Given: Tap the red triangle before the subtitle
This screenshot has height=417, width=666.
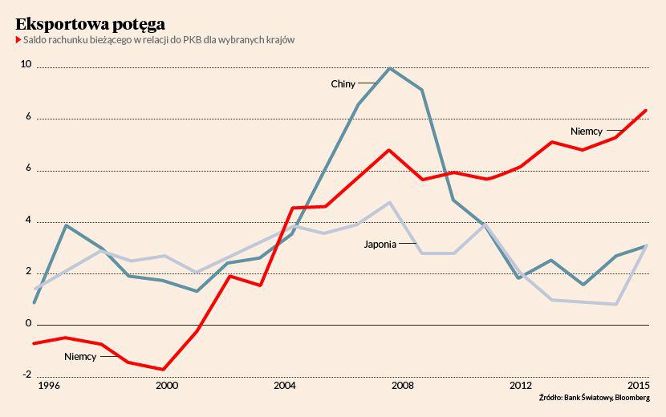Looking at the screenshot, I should (x=18, y=40).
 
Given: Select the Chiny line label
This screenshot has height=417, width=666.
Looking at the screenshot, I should (x=343, y=84).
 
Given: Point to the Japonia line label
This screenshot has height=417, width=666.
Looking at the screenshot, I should (x=380, y=244).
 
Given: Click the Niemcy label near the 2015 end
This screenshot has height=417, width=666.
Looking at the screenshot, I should (x=587, y=131).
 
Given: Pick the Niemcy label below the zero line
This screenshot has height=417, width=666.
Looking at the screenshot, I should (x=80, y=356).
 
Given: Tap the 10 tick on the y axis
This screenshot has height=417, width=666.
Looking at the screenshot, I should (x=26, y=64).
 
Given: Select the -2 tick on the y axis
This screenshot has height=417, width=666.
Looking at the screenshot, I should (x=26, y=374).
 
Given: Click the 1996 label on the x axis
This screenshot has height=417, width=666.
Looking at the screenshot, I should (x=49, y=386).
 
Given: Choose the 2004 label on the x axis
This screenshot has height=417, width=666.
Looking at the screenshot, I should (x=285, y=386).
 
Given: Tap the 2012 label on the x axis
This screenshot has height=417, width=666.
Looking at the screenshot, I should (x=521, y=386).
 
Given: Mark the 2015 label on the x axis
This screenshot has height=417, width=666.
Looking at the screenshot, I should (x=638, y=386).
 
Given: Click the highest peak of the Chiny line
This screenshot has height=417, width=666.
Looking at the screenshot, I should (x=390, y=68).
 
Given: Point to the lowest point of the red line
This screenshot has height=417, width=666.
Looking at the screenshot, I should (x=164, y=370).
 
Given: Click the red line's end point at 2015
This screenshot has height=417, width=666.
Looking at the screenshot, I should (x=647, y=111).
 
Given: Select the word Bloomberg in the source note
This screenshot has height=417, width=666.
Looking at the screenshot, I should (x=632, y=398).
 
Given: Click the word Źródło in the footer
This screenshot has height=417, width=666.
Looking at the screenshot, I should (x=550, y=398).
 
